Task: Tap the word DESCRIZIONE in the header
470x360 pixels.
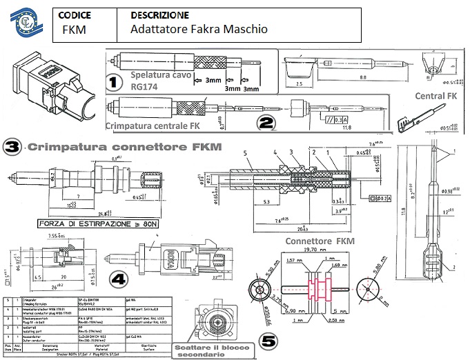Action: click(159, 14)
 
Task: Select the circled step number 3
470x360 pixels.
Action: click(12, 147)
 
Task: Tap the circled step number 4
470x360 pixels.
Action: click(119, 279)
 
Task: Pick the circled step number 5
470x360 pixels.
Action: click(268, 341)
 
